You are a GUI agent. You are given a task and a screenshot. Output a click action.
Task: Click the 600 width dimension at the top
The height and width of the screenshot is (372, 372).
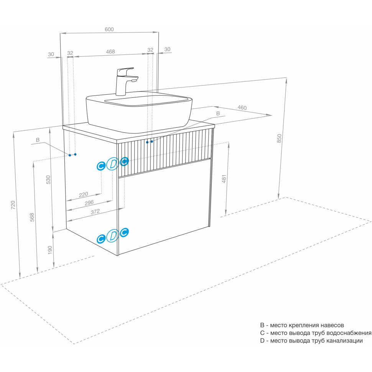pyautogui.click(x=109, y=30)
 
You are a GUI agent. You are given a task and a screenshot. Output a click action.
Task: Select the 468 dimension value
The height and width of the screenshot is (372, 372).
pyautogui.click(x=110, y=52)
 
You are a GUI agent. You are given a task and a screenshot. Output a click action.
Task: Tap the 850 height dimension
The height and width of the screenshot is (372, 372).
pyautogui.click(x=280, y=138)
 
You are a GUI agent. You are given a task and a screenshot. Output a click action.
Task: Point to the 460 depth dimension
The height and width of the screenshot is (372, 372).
pyautogui.click(x=242, y=108)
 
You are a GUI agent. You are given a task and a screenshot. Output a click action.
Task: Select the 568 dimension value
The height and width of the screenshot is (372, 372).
pyautogui.click(x=32, y=217)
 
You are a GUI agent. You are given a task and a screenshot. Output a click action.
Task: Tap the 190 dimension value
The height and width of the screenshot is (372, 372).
pyautogui.click(x=49, y=250)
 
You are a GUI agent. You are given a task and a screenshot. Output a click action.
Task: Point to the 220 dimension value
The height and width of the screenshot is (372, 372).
pyautogui.click(x=83, y=194)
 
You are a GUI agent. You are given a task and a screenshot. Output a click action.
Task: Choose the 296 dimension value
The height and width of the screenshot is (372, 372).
pyautogui.click(x=89, y=203)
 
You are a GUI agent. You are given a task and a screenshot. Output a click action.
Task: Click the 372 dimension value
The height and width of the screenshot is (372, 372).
pyautogui.click(x=95, y=211)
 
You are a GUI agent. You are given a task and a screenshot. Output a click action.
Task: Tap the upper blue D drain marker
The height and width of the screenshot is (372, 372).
pyautogui.click(x=112, y=164)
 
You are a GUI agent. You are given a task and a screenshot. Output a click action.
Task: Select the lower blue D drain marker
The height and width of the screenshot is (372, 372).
pyautogui.click(x=112, y=235)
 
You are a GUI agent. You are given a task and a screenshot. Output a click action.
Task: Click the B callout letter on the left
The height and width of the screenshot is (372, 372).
pyautogui.click(x=38, y=140)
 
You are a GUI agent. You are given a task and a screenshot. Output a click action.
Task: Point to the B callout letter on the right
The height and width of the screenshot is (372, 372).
pyautogui.click(x=218, y=114)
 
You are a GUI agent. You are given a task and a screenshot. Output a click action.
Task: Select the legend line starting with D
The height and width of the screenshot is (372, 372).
pyautogui.click(x=311, y=341)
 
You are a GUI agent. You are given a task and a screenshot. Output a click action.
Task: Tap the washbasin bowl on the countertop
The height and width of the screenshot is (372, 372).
pyautogui.click(x=138, y=109)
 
